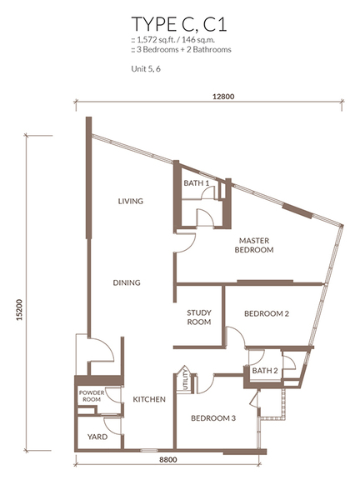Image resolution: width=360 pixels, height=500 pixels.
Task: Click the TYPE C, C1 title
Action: pos(179,24)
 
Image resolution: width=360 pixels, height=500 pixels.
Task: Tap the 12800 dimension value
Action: pos(223,97)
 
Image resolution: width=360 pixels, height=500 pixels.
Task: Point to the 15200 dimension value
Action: pos(20,309)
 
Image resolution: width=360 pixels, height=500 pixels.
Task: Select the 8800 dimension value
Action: pos(168,459)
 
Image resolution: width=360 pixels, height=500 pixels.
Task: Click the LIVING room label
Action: pos(130,201)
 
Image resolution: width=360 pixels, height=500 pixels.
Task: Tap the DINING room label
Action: pos(127,282)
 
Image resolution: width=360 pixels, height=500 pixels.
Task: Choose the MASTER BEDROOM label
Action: pos(254,245)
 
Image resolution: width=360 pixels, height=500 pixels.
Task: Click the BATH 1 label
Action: pos(197,183)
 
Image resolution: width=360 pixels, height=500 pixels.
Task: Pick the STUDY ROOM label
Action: pos(199,317)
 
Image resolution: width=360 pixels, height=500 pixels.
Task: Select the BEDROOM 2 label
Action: pos(267,314)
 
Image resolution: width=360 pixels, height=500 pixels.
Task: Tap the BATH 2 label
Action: pos(265,371)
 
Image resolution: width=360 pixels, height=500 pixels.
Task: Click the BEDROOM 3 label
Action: pos(213,418)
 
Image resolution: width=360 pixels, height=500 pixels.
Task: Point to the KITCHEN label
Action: pos(149,399)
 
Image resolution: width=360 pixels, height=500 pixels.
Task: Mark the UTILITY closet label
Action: pos(186,380)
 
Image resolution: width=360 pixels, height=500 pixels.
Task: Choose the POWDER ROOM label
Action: pos(92,396)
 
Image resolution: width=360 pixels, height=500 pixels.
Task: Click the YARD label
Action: pos(97,437)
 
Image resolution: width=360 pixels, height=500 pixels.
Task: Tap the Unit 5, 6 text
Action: pos(146,69)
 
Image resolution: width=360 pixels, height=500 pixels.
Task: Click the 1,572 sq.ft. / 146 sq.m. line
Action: pos(176,40)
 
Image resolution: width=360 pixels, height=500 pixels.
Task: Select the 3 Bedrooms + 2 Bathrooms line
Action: pos(181,49)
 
